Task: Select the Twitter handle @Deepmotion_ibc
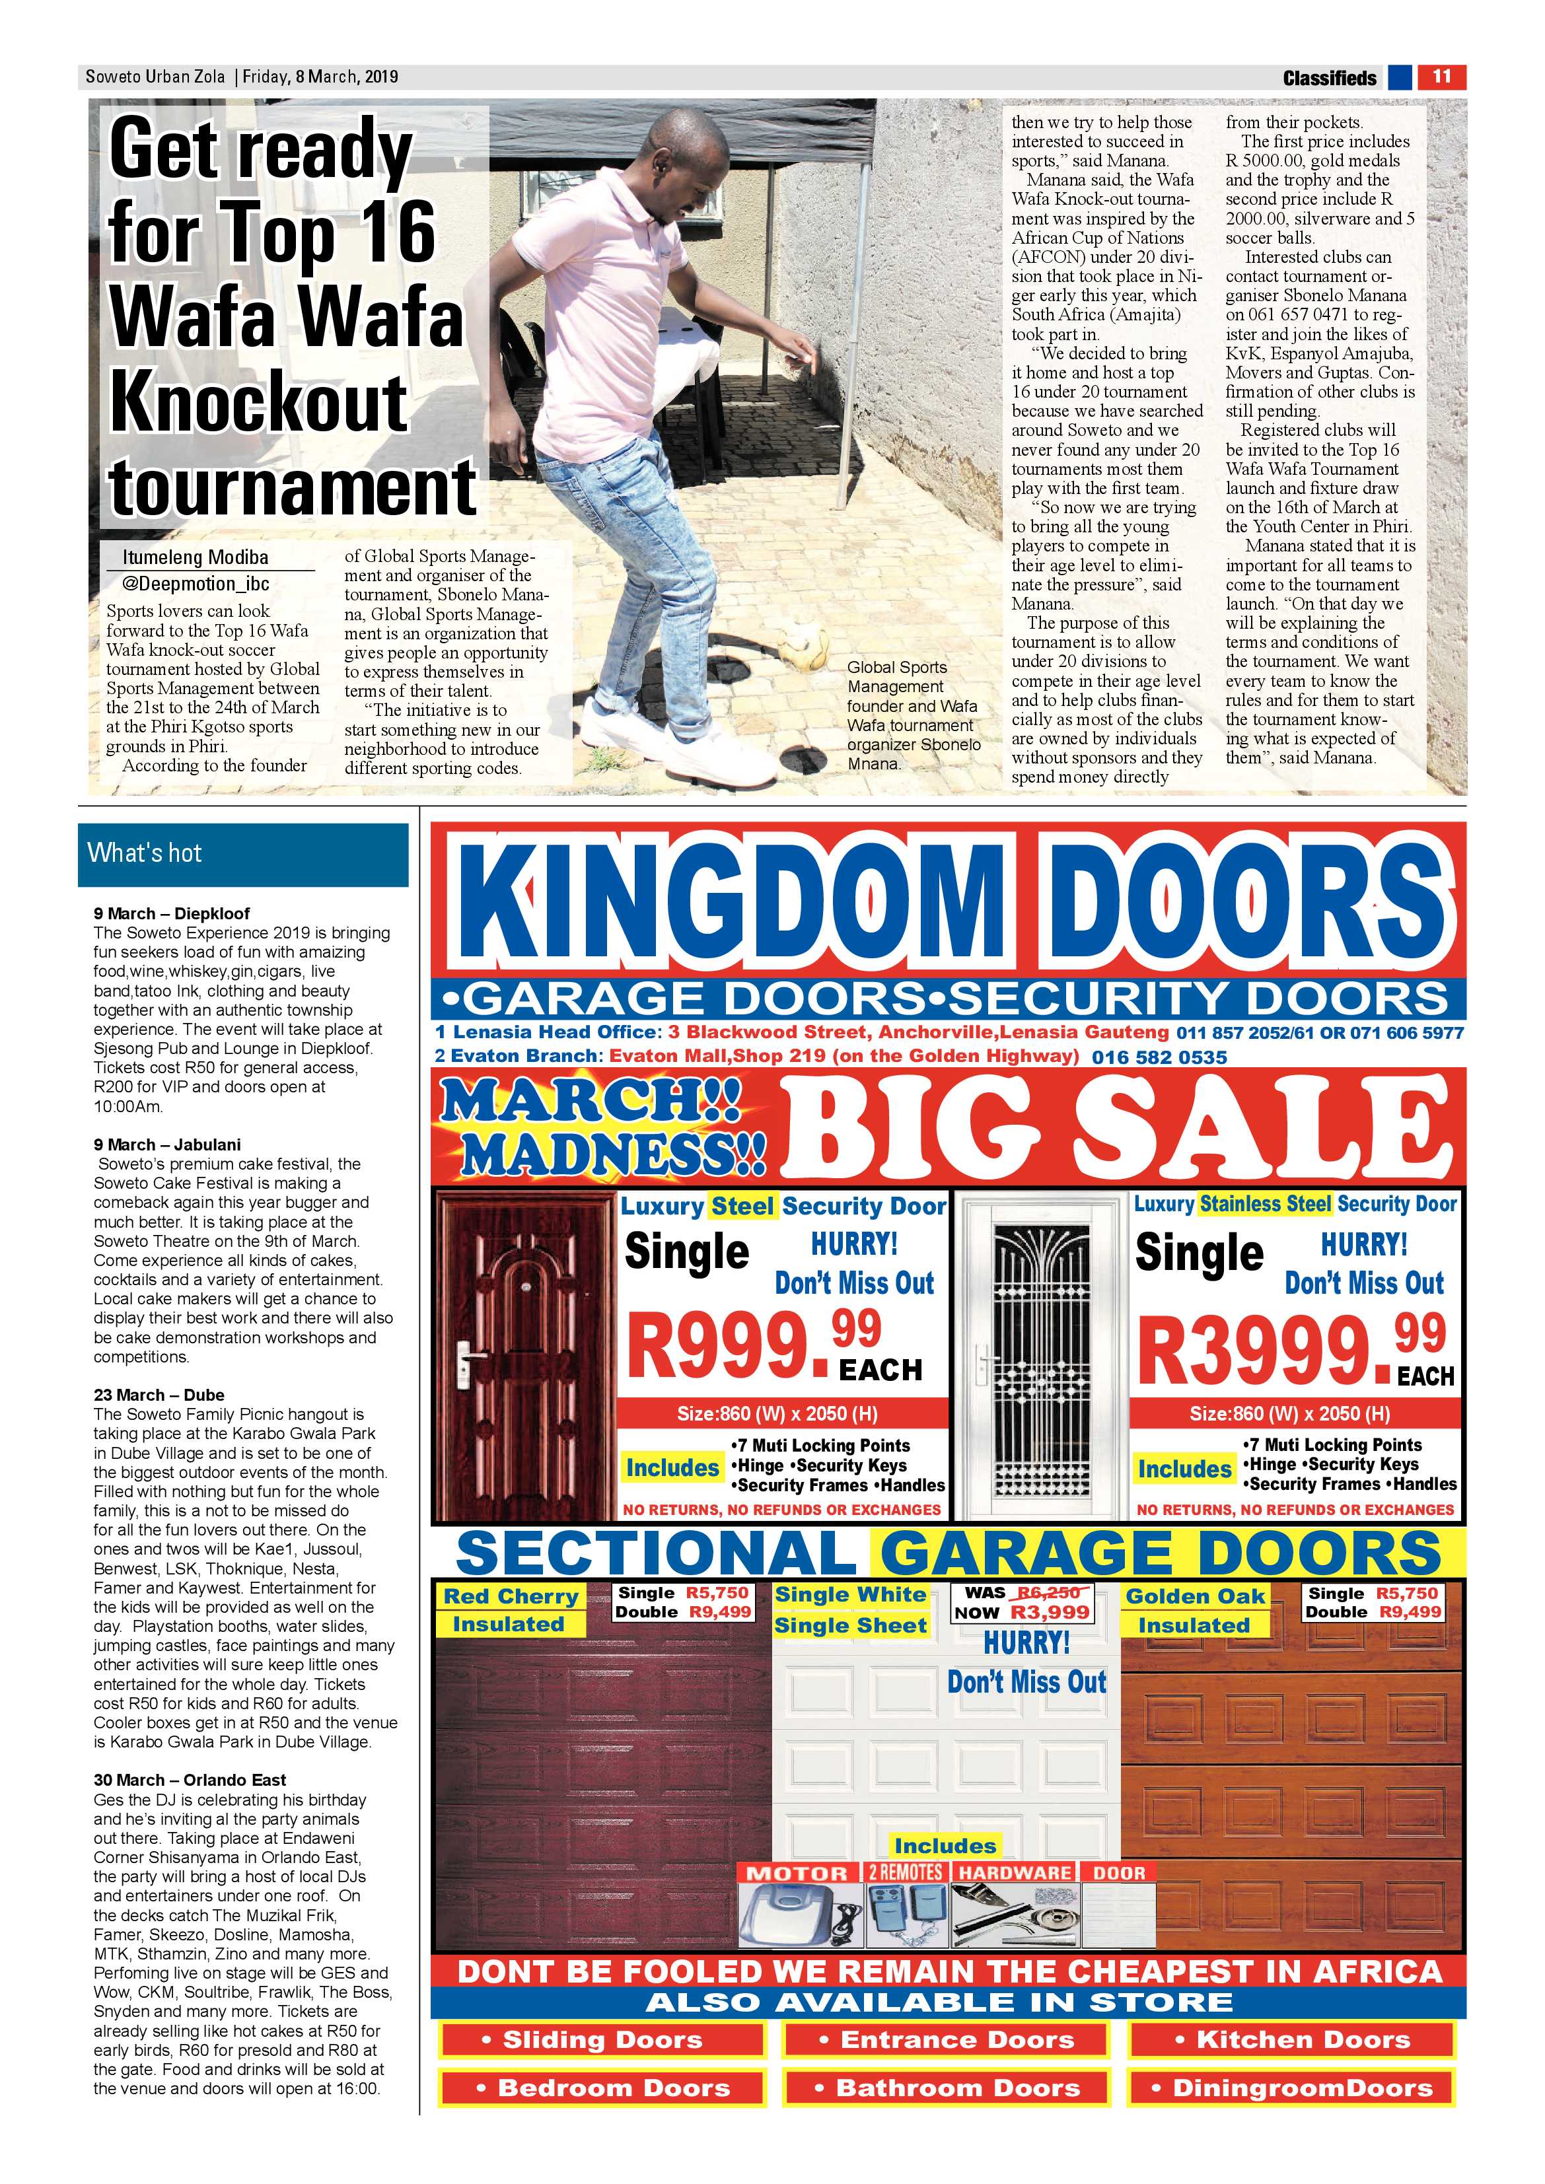coord(196,583)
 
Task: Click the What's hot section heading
coord(145,853)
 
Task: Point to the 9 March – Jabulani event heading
coord(167,1145)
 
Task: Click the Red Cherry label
coord(511,1597)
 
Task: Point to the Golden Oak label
coord(1195,1597)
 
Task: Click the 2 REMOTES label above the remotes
coord(905,1872)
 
